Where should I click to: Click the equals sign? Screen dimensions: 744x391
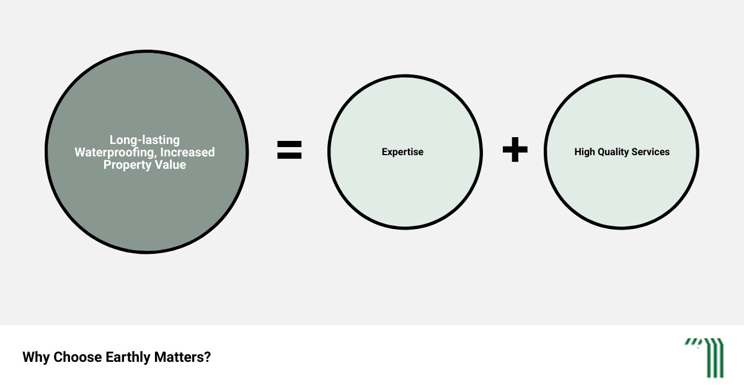pyautogui.click(x=290, y=150)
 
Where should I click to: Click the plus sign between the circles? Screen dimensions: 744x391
pyautogui.click(x=515, y=150)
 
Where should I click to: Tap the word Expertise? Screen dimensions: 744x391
pyautogui.click(x=402, y=152)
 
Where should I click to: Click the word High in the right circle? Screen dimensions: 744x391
pyautogui.click(x=583, y=152)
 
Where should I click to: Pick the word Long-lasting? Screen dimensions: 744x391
pyautogui.click(x=144, y=140)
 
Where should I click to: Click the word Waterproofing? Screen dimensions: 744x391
pyautogui.click(x=115, y=152)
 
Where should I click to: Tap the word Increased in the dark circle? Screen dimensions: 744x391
pyautogui.click(x=187, y=152)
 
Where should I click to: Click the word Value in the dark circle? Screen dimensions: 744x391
pyautogui.click(x=170, y=164)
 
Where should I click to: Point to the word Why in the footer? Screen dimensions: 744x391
pyautogui.click(x=36, y=357)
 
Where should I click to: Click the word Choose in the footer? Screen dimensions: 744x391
pyautogui.click(x=77, y=357)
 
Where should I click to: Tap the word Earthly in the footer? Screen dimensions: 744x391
pyautogui.click(x=128, y=357)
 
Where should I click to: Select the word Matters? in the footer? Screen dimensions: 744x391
pyautogui.click(x=182, y=357)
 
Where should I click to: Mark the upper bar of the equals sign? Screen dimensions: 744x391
pyautogui.click(x=290, y=143)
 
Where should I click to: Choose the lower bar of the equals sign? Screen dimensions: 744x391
pyautogui.click(x=290, y=156)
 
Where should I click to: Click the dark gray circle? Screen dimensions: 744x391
pyautogui.click(x=146, y=199)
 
